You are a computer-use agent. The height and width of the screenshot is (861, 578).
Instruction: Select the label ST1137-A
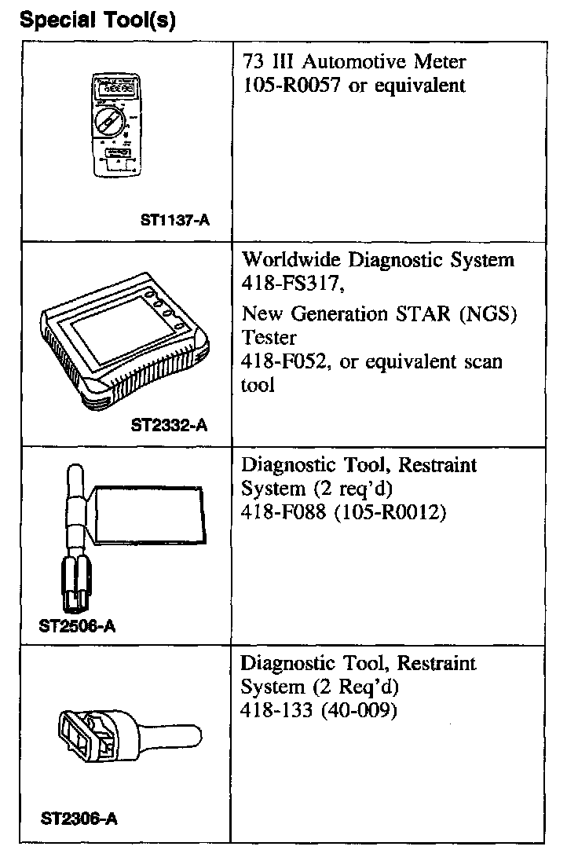(x=175, y=221)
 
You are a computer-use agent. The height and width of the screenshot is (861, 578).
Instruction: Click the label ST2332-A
(x=169, y=427)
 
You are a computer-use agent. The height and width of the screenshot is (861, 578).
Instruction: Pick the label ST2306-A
(x=79, y=819)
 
